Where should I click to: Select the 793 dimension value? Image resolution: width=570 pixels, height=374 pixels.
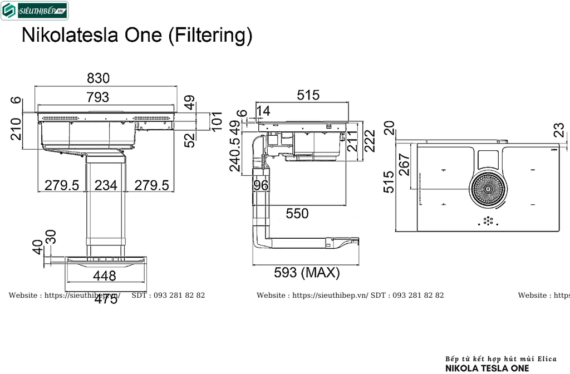[x=98, y=97]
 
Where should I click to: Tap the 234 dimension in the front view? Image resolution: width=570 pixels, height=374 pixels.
[x=106, y=185]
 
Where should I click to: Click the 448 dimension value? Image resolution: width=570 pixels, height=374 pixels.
[x=105, y=275]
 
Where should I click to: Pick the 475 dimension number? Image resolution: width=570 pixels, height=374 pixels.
[x=106, y=299]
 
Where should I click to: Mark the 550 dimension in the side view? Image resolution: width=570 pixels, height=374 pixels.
[x=297, y=213]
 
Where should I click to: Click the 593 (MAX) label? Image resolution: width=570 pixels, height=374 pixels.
[x=307, y=273]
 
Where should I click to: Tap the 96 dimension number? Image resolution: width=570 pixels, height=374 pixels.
[x=261, y=185]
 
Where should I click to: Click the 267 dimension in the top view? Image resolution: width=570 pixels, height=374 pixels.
[x=405, y=165]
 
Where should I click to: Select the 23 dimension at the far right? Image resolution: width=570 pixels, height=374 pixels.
[x=559, y=130]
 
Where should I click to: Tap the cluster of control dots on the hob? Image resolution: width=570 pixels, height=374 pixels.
[x=488, y=221]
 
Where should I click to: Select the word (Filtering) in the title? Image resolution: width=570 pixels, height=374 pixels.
[x=210, y=35]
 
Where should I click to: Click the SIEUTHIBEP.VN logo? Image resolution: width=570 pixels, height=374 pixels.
[x=35, y=10]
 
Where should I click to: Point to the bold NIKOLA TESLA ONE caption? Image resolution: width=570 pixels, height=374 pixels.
[x=488, y=368]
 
